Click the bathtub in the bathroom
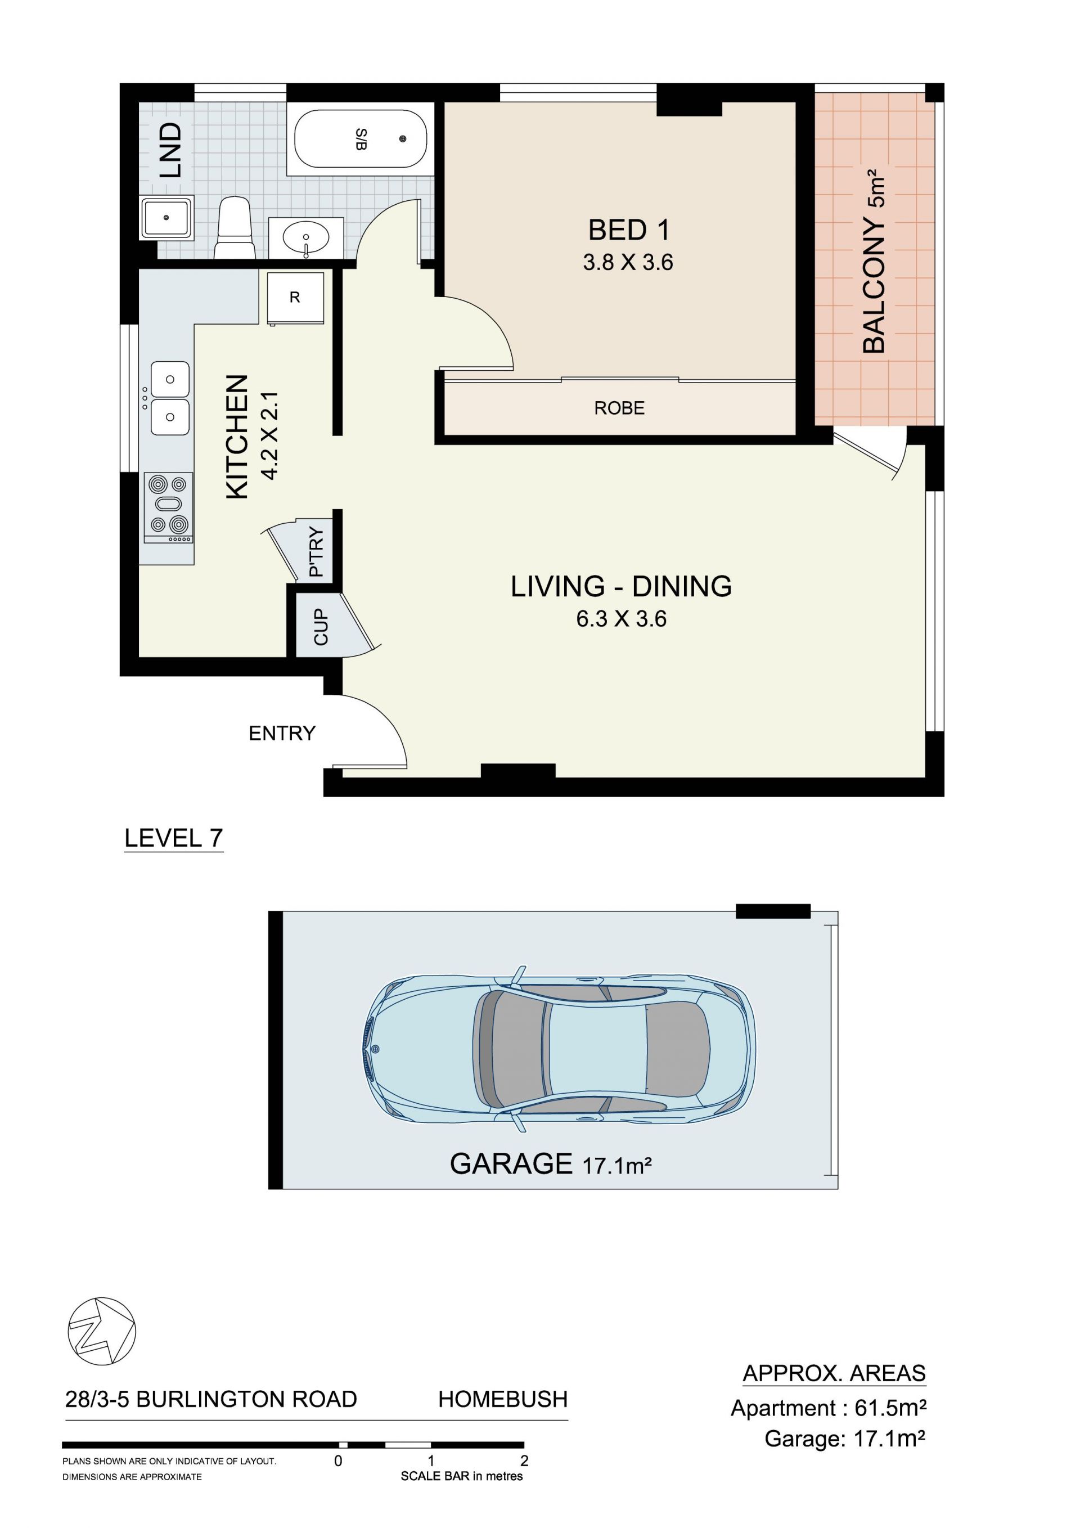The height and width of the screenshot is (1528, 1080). pyautogui.click(x=360, y=138)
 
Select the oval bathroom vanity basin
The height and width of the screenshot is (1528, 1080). pyautogui.click(x=305, y=237)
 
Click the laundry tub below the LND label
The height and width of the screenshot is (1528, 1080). pyautogui.click(x=166, y=217)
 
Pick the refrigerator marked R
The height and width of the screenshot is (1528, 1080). pyautogui.click(x=295, y=298)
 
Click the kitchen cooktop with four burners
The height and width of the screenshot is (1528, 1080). pyautogui.click(x=168, y=507)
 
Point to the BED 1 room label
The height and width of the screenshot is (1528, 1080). pyautogui.click(x=628, y=230)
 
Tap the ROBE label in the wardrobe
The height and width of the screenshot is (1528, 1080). pyautogui.click(x=619, y=408)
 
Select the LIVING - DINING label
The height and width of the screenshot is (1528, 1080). pyautogui.click(x=621, y=586)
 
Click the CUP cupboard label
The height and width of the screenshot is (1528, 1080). pyautogui.click(x=321, y=626)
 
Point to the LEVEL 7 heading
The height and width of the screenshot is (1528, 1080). pyautogui.click(x=174, y=837)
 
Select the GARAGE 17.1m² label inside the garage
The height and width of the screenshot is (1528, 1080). pyautogui.click(x=550, y=1163)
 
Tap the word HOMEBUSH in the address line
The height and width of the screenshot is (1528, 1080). pyautogui.click(x=502, y=1399)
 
